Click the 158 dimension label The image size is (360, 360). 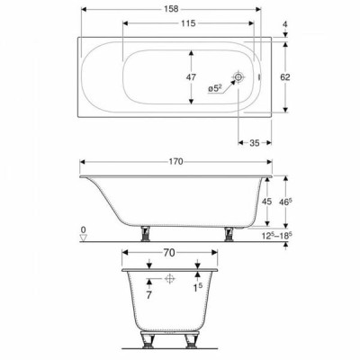coord(171,9)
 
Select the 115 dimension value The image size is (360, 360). coord(188,23)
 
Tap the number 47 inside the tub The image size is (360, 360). coord(191,77)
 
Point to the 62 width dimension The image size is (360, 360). coord(285,77)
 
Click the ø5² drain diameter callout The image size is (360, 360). coord(215,88)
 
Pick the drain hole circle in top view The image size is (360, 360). coord(238,77)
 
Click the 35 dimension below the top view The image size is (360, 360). coord(255,143)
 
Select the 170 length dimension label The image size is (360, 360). coord(175,162)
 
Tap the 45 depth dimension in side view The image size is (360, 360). coord(266,202)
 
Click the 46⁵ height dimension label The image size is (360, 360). coord(286,202)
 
